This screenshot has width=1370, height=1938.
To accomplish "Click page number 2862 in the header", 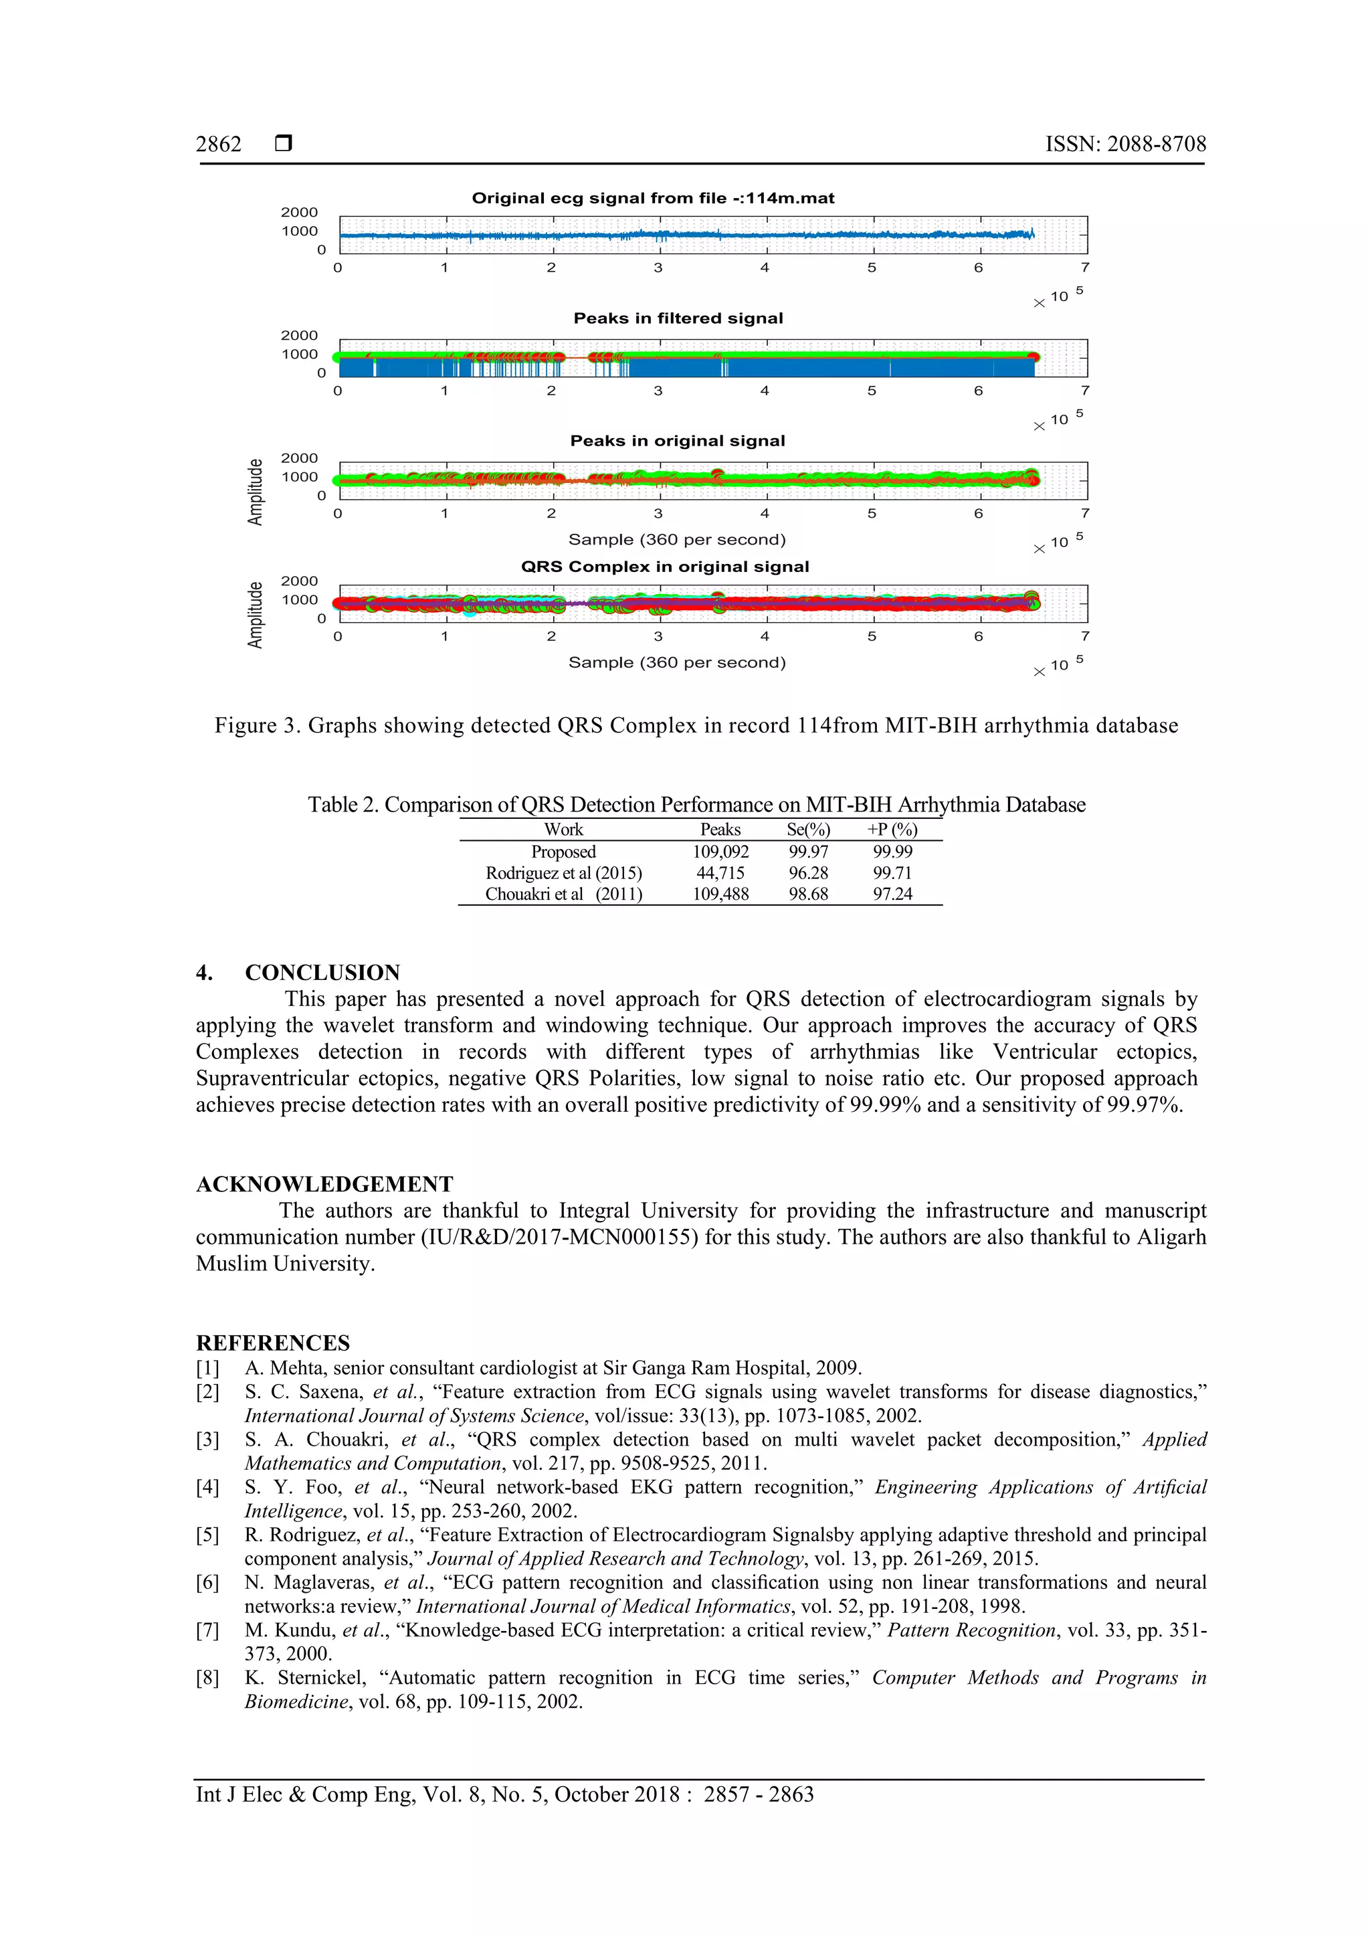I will point(219,144).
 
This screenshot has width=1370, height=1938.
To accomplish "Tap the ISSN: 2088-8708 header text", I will point(1125,144).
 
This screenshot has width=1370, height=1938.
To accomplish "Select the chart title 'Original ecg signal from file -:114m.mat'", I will point(652,199).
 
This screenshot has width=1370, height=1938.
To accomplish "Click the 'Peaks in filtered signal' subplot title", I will point(678,318).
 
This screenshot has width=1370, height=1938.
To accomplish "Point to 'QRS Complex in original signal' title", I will point(664,567).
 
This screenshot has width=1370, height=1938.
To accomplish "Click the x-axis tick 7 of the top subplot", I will point(1084,268).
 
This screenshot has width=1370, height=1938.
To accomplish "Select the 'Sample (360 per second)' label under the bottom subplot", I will point(677,662).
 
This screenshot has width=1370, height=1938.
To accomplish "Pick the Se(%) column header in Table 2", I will point(808,830).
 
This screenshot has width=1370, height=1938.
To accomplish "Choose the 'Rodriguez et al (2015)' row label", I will point(563,873).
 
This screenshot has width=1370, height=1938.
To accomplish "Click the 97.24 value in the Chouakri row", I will point(892,894).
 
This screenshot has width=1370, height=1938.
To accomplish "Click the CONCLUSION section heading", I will point(322,973).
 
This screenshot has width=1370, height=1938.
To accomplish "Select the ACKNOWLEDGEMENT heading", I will point(324,1184).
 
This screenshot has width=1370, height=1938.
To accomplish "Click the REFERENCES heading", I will point(273,1343).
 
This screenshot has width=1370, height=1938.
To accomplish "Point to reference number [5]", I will point(207,1535).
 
